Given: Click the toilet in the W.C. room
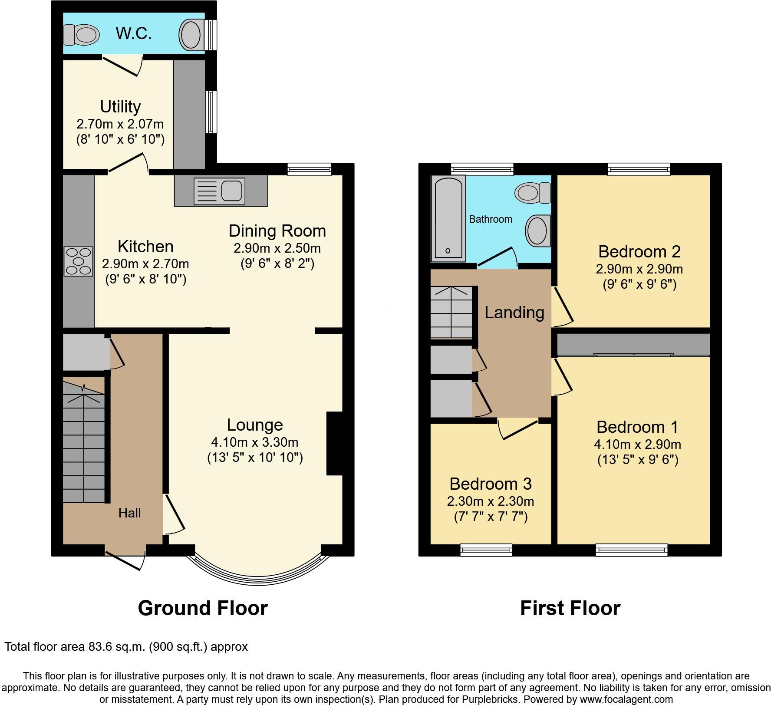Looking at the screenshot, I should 81,34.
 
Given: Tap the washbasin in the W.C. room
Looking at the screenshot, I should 191,34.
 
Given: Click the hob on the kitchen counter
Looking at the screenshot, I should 79,261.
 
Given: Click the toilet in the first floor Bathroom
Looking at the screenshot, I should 532,192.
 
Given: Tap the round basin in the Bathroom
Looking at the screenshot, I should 537,231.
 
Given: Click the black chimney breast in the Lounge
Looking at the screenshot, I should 334,443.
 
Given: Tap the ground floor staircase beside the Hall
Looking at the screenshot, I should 84,443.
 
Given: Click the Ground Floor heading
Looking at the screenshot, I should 203,608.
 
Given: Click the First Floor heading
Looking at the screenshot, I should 570,608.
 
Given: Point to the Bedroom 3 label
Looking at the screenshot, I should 490,484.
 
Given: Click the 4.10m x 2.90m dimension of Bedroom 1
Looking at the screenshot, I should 637,445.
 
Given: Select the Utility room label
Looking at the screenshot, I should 120,106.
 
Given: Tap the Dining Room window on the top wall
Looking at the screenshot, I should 309,169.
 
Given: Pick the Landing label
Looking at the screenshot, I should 514,312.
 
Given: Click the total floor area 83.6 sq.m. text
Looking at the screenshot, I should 126,647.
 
